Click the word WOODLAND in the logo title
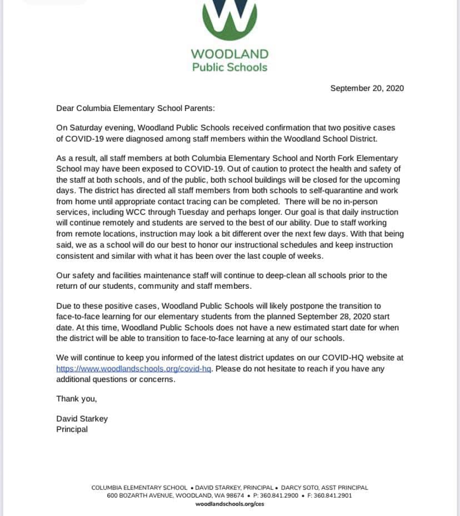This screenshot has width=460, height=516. click(229, 54)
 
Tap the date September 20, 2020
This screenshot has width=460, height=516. click(367, 88)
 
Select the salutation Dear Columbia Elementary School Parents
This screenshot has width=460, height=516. click(135, 108)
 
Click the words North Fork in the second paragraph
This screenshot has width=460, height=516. click(334, 158)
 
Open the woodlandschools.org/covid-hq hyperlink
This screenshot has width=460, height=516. click(133, 369)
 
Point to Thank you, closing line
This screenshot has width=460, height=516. click(77, 399)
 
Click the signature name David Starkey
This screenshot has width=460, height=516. click(82, 419)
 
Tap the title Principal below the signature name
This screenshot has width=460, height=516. click(72, 429)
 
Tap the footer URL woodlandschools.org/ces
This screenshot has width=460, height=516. click(229, 504)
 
